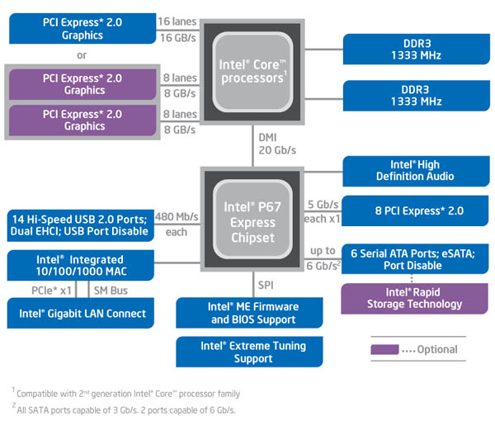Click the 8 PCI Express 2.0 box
(x=410, y=210)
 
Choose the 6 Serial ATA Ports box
(x=410, y=259)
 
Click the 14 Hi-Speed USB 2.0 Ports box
(x=80, y=225)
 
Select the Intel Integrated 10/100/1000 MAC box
(x=80, y=266)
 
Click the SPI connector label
(x=266, y=285)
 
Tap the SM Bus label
(x=110, y=291)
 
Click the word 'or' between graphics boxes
(x=82, y=56)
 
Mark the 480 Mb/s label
(x=177, y=216)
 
